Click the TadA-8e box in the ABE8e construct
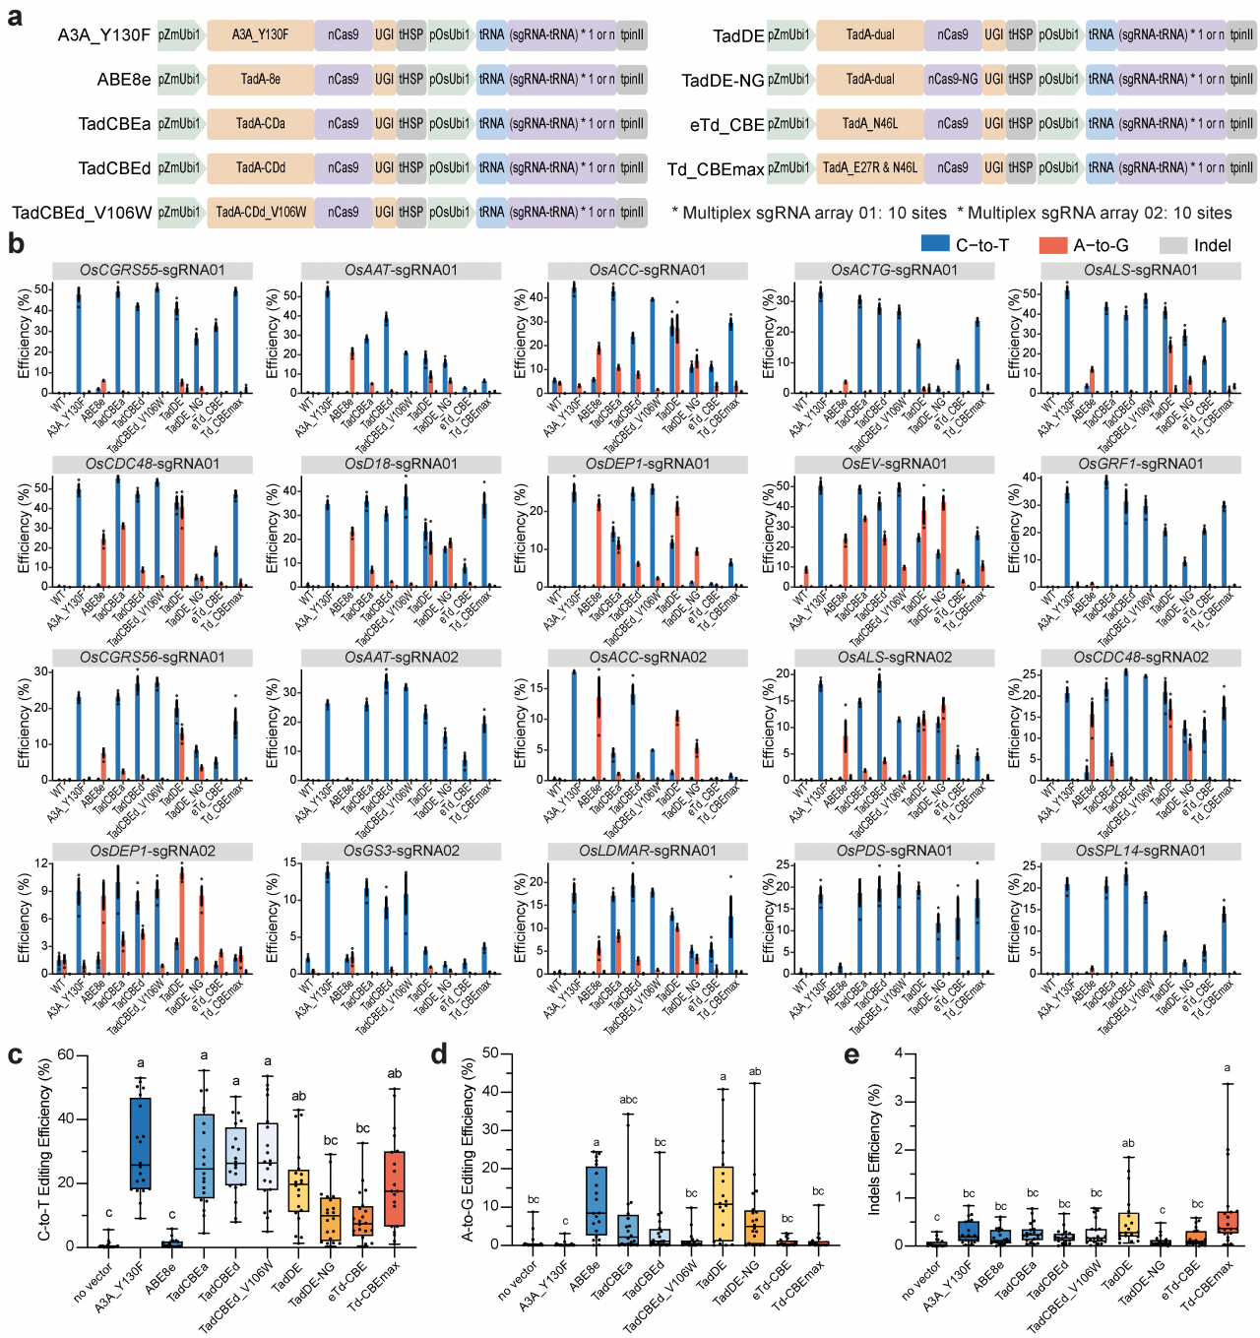click(x=261, y=79)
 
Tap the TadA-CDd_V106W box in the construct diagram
click(x=261, y=212)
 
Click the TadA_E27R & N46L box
click(x=870, y=168)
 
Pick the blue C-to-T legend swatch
click(x=934, y=244)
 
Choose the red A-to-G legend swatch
click(x=1053, y=245)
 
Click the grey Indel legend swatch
click(x=1173, y=245)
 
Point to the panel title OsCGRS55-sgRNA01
click(x=153, y=270)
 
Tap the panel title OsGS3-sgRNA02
click(x=401, y=851)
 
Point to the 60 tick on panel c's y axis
click(x=66, y=1054)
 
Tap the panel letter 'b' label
click(x=16, y=243)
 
